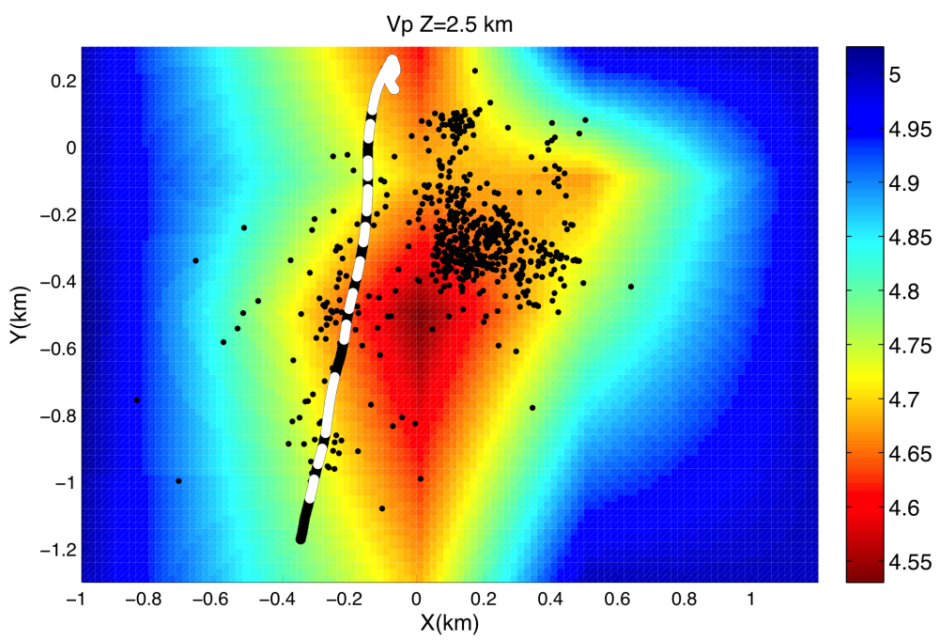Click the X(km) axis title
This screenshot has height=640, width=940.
click(449, 621)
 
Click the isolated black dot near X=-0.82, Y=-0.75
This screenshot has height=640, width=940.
click(137, 400)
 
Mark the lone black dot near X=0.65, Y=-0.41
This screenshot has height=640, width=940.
click(631, 287)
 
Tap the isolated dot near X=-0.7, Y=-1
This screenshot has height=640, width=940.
click(178, 481)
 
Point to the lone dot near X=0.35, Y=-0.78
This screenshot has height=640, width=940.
click(532, 408)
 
